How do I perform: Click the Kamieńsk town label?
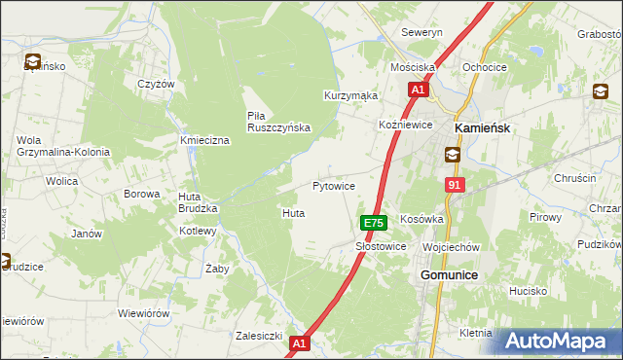pos(483,127)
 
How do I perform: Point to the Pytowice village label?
pos(333,185)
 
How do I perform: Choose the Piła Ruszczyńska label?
pos(277,121)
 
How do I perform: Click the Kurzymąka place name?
pos(350,95)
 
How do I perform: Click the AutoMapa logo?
pos(557,341)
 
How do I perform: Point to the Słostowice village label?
pos(380,247)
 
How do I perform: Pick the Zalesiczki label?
pos(259,336)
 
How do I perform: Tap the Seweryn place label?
pos(421,32)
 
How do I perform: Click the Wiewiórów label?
pos(143,313)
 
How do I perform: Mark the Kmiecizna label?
pos(204,141)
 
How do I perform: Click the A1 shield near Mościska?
pos(417,90)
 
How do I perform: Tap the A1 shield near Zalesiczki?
pos(299,342)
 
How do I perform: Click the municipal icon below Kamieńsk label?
pos(452,154)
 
